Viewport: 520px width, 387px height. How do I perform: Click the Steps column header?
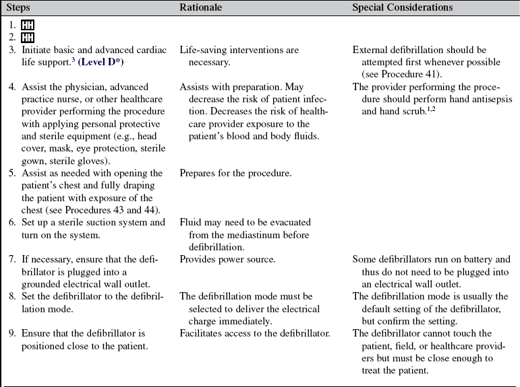pyautogui.click(x=19, y=7)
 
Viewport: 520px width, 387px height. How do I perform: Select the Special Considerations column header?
pyautogui.click(x=403, y=7)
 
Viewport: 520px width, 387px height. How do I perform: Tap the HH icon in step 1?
pyautogui.click(x=28, y=25)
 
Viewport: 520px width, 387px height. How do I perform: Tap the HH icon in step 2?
pyautogui.click(x=28, y=38)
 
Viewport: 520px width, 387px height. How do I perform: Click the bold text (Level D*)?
pyautogui.click(x=100, y=61)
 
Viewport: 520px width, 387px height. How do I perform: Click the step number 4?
pyautogui.click(x=13, y=87)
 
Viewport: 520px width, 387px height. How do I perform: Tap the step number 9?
pyautogui.click(x=13, y=333)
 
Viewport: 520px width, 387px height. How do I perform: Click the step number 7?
pyautogui.click(x=13, y=259)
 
